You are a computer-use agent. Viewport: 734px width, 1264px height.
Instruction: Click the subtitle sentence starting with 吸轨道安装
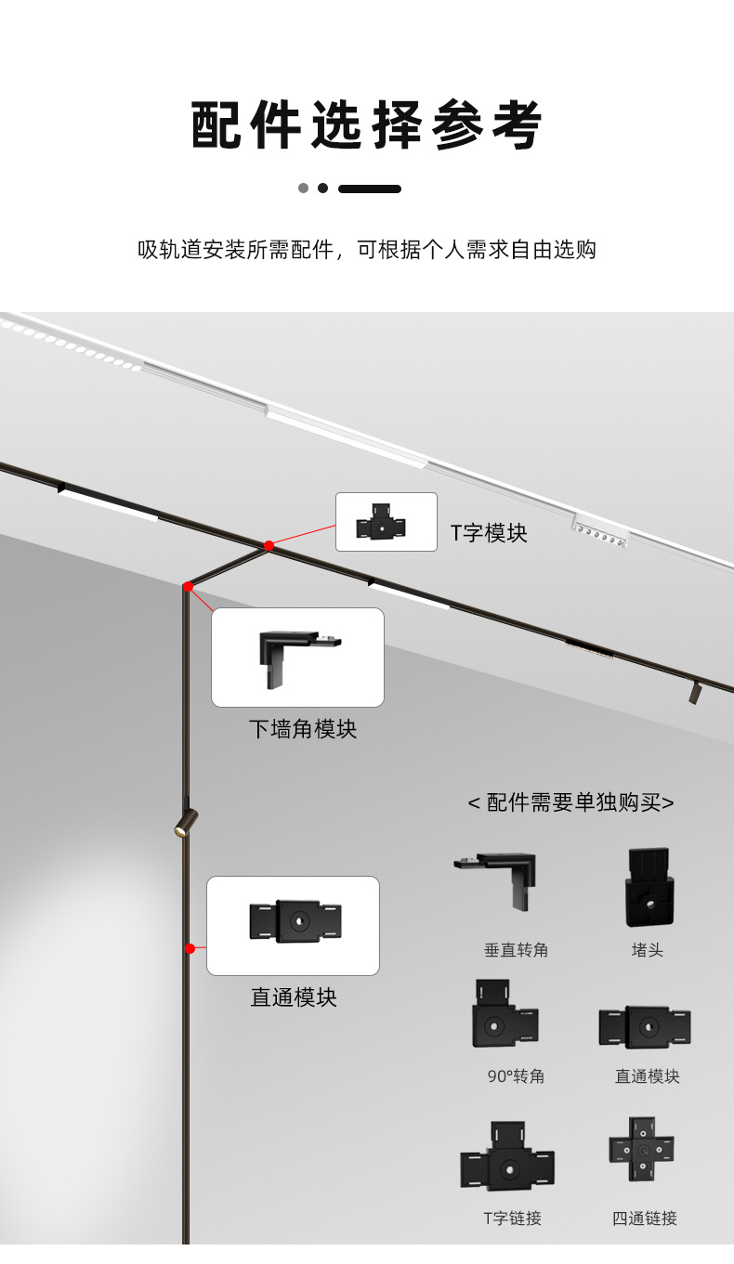pos(367,250)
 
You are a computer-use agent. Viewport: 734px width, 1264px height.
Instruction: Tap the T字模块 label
pos(489,533)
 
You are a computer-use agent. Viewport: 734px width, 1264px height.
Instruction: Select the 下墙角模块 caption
pos(302,729)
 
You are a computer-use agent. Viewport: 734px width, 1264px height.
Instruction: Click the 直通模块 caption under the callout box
pos(294,997)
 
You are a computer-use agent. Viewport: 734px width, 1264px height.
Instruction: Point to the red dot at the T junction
pos(269,545)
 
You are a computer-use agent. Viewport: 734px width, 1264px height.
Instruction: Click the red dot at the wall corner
pos(188,586)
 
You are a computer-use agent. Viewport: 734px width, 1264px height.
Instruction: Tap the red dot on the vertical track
pos(190,948)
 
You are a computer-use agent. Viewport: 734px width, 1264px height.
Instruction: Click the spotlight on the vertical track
pos(186,822)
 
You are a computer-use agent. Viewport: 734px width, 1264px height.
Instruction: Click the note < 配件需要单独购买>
pos(570,802)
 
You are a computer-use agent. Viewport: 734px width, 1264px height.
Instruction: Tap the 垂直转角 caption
pos(516,950)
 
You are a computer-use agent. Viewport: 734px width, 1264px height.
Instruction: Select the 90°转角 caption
pos(516,1076)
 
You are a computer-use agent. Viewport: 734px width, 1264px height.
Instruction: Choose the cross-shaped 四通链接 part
pos(641,1150)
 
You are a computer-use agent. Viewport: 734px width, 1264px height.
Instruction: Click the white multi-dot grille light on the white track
pos(600,533)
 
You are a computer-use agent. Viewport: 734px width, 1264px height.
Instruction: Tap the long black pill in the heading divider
pos(370,189)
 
